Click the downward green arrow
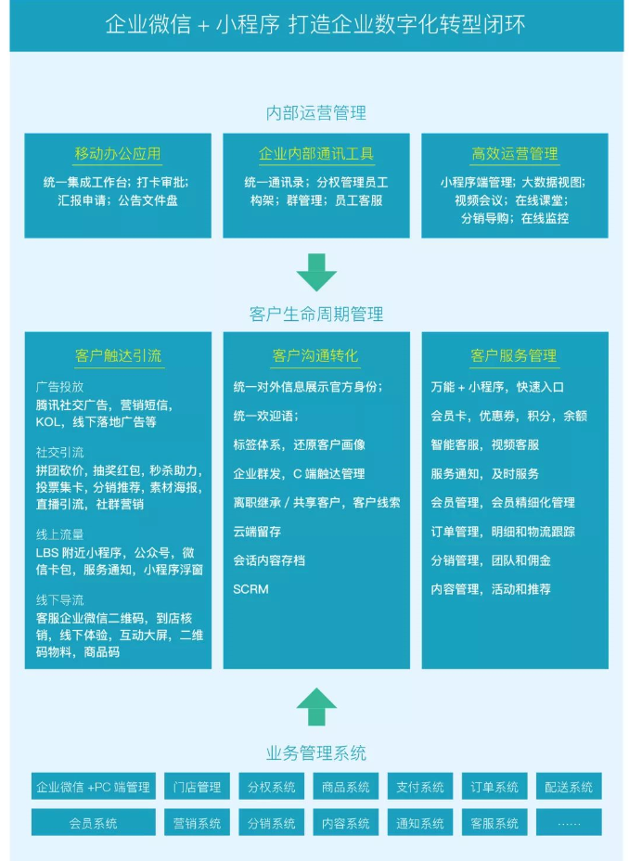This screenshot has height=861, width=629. click(316, 272)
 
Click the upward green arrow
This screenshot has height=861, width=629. click(316, 706)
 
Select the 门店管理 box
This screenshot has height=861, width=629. click(197, 787)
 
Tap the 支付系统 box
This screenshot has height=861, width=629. click(420, 787)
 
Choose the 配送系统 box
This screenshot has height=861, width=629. click(569, 787)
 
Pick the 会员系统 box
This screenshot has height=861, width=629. click(94, 823)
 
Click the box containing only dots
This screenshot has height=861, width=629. click(569, 823)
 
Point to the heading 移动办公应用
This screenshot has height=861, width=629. click(118, 154)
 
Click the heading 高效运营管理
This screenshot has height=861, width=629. click(515, 154)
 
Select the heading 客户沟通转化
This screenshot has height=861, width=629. click(315, 356)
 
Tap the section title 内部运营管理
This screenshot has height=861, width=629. click(315, 113)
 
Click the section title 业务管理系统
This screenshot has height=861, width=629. click(315, 752)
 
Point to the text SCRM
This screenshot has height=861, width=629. click(250, 589)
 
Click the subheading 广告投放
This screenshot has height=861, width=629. click(59, 387)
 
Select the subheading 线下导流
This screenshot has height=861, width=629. click(59, 600)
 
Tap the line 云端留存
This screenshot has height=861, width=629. click(257, 532)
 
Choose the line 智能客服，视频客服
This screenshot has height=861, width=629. click(485, 444)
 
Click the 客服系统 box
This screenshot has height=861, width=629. click(494, 823)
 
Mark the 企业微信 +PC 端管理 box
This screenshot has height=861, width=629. click(94, 787)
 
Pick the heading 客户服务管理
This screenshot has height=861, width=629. click(514, 356)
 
